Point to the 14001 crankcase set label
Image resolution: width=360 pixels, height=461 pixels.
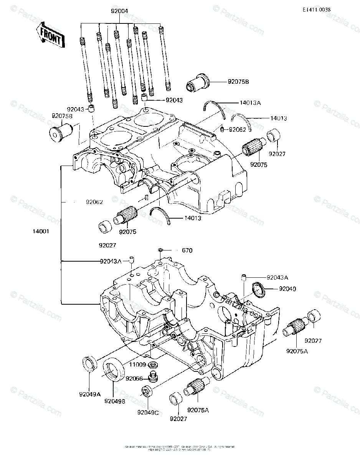(x=41, y=232)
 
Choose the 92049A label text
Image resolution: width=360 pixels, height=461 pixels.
(x=90, y=394)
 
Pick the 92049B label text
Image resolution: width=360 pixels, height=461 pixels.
(x=114, y=401)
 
